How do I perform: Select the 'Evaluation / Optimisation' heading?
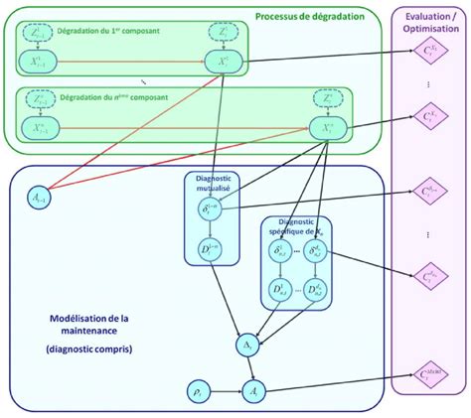430,22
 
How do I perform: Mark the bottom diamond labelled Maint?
430,375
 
